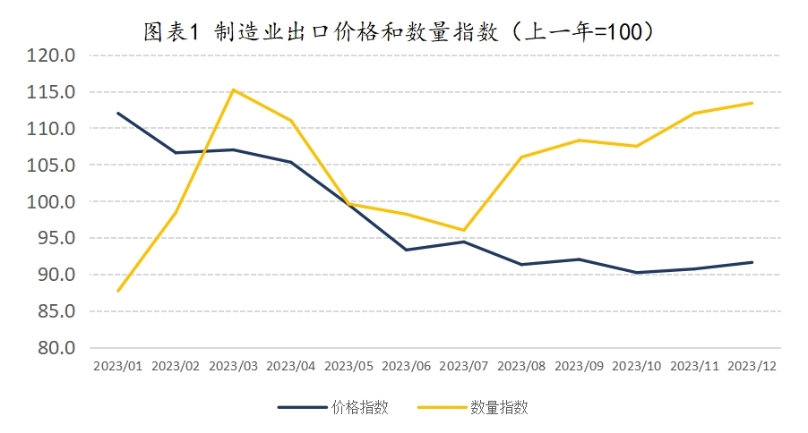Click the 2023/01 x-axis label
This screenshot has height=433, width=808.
click(x=117, y=366)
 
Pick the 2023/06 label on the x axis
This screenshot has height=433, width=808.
click(x=407, y=366)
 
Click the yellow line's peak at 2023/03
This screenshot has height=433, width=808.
click(x=233, y=89)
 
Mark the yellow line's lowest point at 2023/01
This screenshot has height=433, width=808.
click(x=117, y=291)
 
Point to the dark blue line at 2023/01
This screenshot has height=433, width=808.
click(x=117, y=113)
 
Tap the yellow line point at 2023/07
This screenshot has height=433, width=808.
click(x=464, y=230)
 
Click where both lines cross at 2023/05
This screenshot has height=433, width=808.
click(x=348, y=204)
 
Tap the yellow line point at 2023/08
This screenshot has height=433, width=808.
click(x=522, y=157)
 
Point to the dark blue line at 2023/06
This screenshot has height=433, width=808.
click(x=407, y=250)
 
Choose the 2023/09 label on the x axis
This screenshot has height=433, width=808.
click(x=580, y=366)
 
